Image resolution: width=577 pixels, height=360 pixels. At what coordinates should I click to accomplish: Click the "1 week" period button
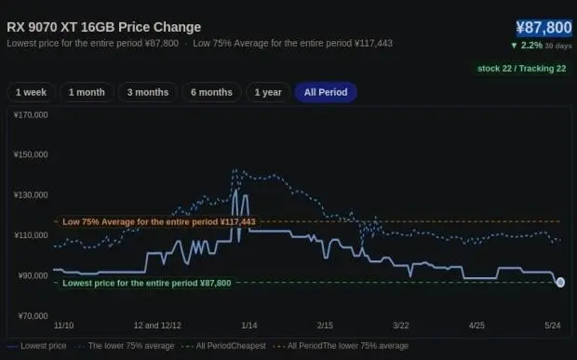(31, 92)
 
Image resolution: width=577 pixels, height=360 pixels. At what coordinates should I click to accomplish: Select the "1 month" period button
(87, 92)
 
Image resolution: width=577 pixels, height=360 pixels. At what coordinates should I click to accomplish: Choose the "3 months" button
(148, 92)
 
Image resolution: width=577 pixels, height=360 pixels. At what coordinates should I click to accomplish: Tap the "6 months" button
(211, 92)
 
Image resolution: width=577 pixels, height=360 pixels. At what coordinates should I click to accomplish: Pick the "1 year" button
(268, 92)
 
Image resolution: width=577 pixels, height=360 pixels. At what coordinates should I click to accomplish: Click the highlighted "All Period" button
(326, 92)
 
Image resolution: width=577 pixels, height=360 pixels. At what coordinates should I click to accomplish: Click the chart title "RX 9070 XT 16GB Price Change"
(104, 27)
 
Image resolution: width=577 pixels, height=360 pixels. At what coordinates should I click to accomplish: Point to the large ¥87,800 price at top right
(543, 28)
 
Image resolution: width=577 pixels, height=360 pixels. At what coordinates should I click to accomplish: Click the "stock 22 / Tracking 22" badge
(521, 69)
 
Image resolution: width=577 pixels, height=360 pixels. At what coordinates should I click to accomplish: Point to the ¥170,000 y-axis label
(31, 115)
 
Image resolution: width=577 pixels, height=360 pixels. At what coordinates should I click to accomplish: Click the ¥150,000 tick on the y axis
(31, 154)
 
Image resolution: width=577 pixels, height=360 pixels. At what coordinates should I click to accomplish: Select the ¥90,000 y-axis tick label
(34, 275)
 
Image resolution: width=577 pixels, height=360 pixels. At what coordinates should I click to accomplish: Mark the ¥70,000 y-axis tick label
(34, 316)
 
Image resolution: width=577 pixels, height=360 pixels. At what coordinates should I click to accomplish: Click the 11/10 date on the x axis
(63, 326)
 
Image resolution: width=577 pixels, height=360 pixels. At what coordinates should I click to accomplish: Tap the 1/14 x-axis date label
(249, 326)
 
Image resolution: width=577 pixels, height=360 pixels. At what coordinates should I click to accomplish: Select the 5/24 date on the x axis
(553, 326)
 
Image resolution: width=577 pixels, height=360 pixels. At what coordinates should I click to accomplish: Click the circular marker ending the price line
(560, 282)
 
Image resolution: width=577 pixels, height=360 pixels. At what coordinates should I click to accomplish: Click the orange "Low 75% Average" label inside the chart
(158, 222)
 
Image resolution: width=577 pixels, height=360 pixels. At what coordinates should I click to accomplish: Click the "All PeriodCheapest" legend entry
(226, 346)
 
